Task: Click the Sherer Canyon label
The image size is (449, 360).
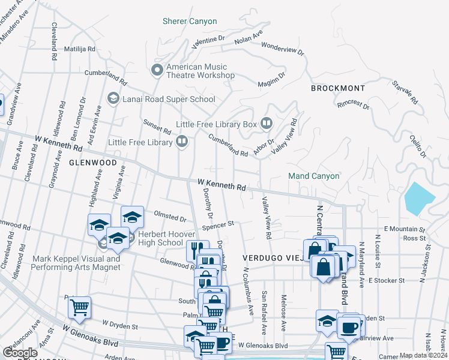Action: coord(190,22)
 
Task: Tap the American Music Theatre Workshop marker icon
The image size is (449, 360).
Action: coord(157,71)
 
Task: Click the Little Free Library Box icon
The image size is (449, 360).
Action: coord(267,124)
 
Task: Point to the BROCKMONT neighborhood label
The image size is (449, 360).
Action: coord(338,88)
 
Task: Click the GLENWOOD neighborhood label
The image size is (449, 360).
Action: coord(92,162)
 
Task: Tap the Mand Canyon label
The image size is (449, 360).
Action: coord(314,176)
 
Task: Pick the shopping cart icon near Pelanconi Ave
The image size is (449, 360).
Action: coord(79,308)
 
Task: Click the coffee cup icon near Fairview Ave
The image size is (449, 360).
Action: coord(349,328)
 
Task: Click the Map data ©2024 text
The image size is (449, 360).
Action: coord(423,355)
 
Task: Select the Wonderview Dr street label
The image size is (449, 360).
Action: coord(283,50)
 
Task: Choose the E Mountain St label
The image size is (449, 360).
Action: coord(404,229)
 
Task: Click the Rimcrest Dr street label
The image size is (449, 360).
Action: coord(354,103)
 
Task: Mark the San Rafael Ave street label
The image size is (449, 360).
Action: coord(264,313)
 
